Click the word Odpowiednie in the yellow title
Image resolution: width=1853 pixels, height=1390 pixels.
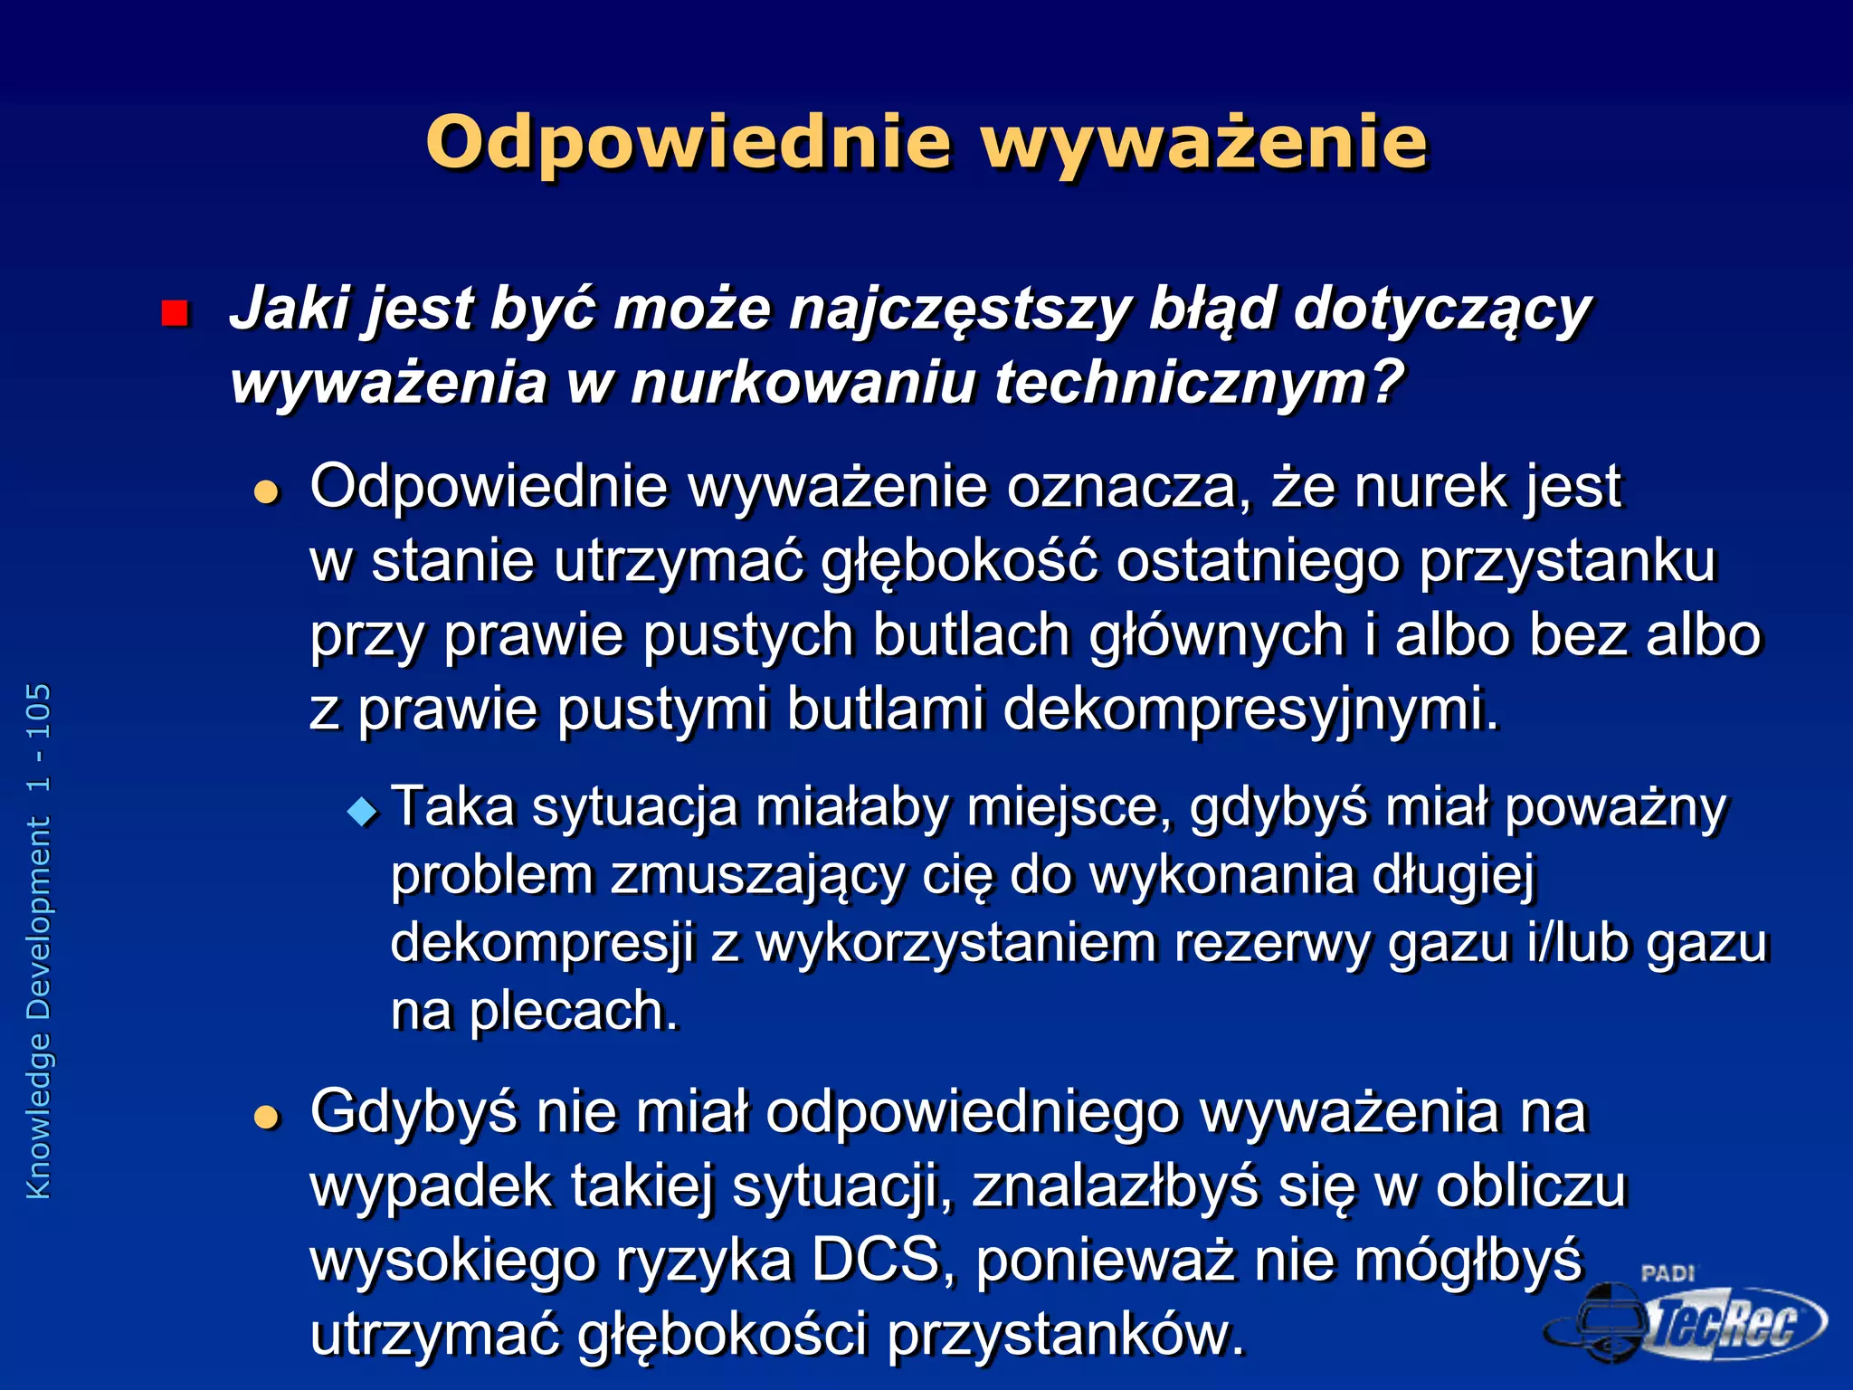pos(689,143)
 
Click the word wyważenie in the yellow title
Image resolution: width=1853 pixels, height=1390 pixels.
pos(1204,143)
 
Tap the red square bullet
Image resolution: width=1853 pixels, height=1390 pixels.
pos(174,313)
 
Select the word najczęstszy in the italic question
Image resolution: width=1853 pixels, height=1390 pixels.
pos(959,309)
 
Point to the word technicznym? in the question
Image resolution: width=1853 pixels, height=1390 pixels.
pos(1199,383)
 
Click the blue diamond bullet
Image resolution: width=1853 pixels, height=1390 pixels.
pos(363,811)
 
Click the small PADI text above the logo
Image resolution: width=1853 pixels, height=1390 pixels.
pos(1667,1273)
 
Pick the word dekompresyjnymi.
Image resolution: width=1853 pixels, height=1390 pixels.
pos(1251,709)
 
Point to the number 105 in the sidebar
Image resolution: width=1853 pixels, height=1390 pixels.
pos(39,712)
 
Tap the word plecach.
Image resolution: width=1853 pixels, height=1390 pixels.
pos(574,1011)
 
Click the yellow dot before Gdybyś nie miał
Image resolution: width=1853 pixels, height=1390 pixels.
pos(266,1119)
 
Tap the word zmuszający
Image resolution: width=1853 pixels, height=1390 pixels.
pos(756,876)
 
